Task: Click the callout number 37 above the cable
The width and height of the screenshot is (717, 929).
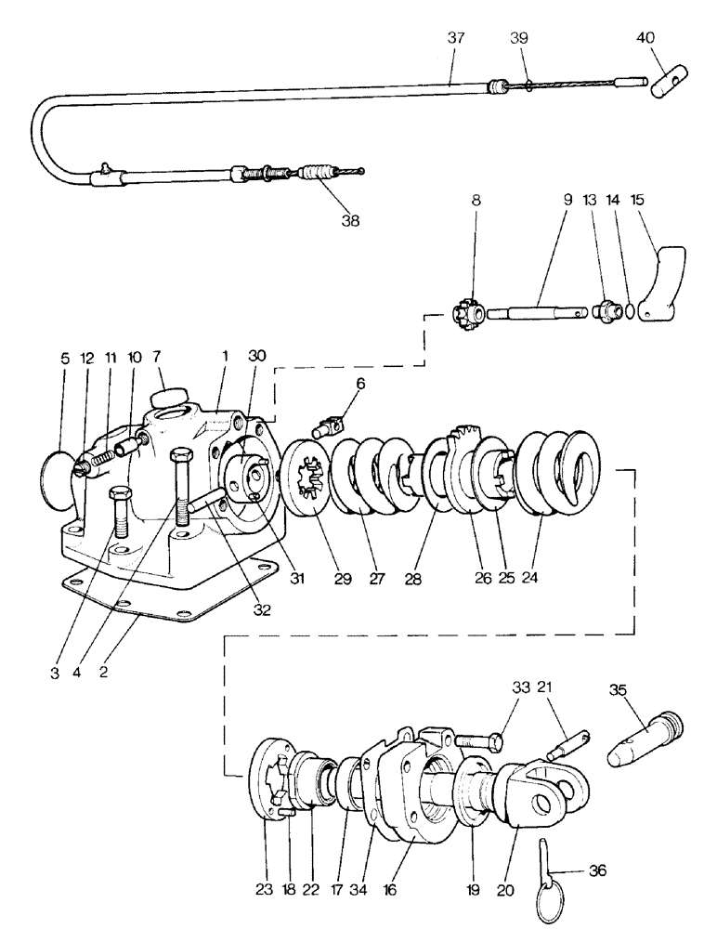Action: pos(455,40)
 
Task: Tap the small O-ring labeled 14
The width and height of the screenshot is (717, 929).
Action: pos(632,311)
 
